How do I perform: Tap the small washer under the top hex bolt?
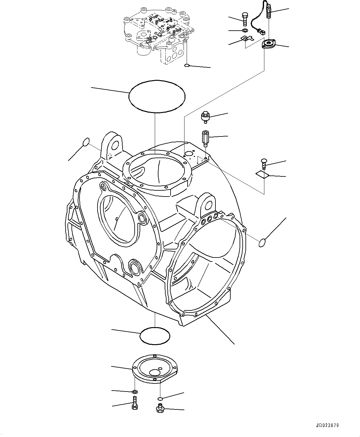point(244,30)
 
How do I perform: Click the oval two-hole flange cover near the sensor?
point(268,44)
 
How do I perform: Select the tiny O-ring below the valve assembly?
point(186,65)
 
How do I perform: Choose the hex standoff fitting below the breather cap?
point(205,138)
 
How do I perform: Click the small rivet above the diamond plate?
point(264,163)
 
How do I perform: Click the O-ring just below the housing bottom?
point(155,335)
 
